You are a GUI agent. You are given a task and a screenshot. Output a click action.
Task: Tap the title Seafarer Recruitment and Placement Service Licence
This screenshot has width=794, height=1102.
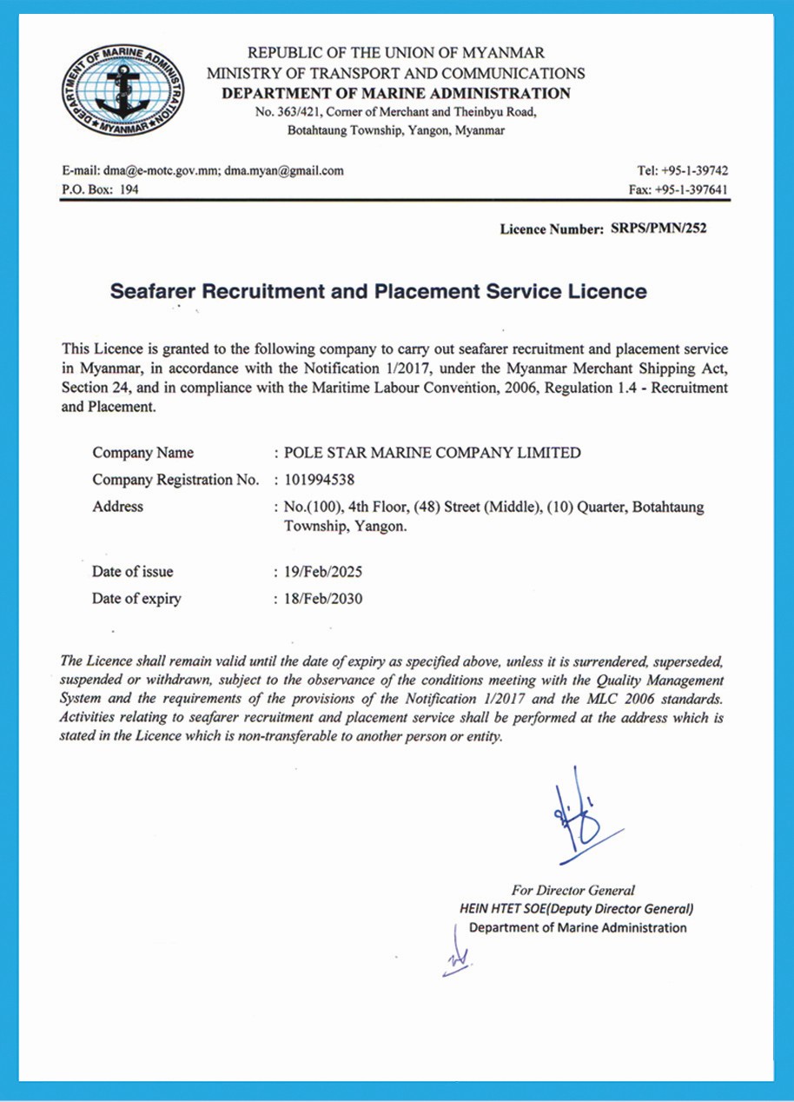coord(379,291)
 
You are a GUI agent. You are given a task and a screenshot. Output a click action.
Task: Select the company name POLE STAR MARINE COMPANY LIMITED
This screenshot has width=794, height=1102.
coord(433,453)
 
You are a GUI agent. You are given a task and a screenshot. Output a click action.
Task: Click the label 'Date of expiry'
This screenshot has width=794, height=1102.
coord(136,599)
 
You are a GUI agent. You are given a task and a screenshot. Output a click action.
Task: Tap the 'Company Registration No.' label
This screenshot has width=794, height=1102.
coord(175,480)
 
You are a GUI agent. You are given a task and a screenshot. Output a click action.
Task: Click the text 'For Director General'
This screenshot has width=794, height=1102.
coord(573,890)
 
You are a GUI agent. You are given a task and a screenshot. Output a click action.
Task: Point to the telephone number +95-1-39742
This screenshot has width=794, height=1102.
coord(698,171)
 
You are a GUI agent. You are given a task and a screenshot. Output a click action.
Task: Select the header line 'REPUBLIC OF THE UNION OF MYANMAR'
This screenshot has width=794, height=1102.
coord(396,54)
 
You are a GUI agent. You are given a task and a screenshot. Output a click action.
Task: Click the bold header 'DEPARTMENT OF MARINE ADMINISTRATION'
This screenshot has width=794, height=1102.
coord(396,94)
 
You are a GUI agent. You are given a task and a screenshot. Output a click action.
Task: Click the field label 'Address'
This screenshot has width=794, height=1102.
coord(117,507)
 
